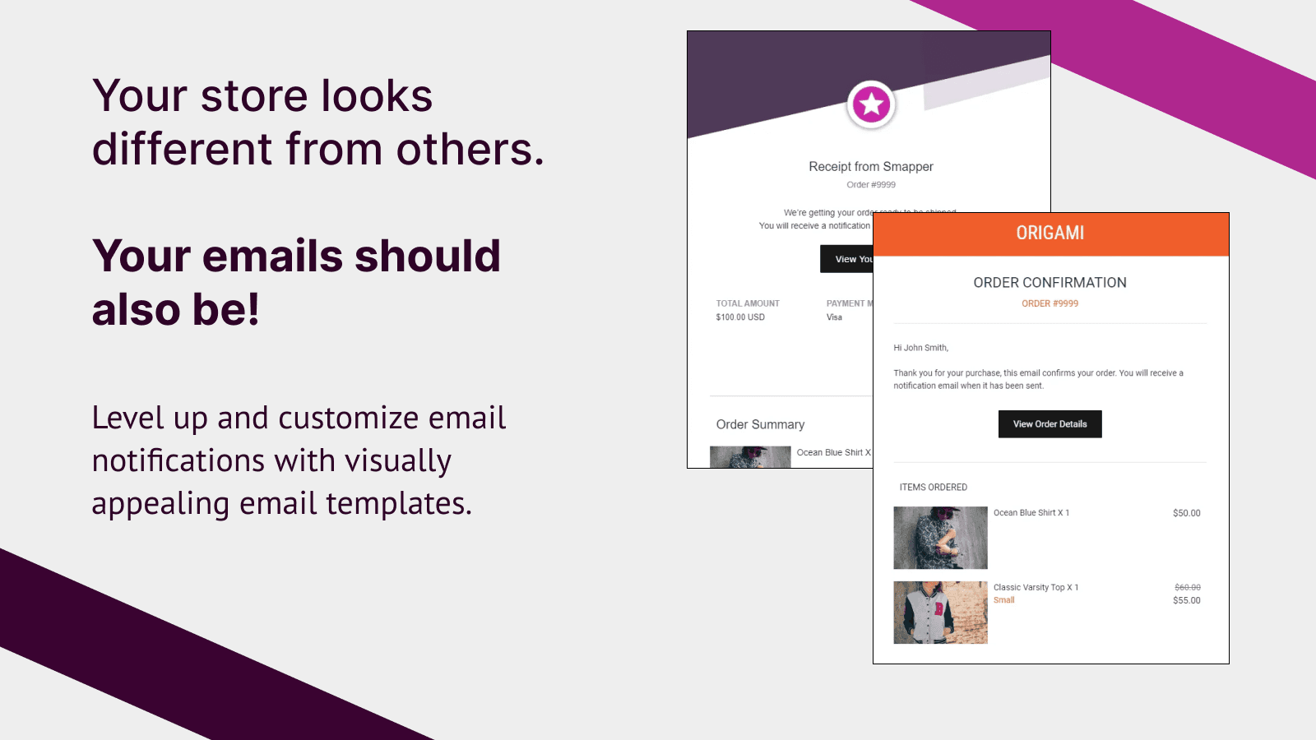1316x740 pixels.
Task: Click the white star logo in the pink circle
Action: (871, 105)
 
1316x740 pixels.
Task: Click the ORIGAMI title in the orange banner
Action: (1050, 234)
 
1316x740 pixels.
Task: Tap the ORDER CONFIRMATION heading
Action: (1050, 283)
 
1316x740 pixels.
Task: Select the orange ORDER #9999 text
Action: (1050, 303)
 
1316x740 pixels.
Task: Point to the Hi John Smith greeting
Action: (920, 348)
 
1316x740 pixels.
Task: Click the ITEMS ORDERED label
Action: (933, 488)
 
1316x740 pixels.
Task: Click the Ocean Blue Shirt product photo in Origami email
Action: (940, 538)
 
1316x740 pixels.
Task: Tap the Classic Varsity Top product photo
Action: (940, 613)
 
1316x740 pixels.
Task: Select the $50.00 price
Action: (1186, 513)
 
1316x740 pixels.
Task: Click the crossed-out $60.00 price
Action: (1187, 587)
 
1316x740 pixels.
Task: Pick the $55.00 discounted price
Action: (1186, 601)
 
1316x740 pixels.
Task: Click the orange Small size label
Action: (1003, 600)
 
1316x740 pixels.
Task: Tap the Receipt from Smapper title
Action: (870, 167)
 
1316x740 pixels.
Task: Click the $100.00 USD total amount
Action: (740, 317)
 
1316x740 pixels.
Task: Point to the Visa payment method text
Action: (834, 317)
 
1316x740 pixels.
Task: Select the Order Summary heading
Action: (760, 425)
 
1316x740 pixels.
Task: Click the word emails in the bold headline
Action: (272, 257)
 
